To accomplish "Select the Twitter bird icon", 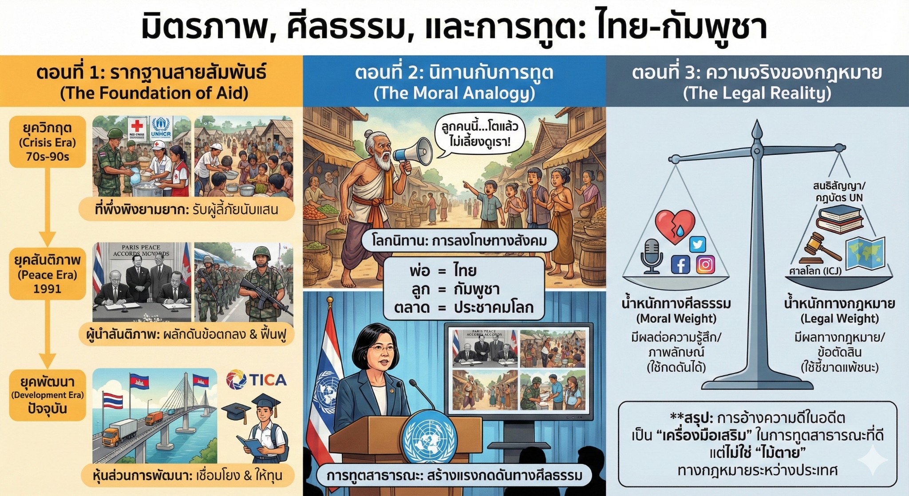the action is pos(697,244).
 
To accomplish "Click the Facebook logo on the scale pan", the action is pos(680,265).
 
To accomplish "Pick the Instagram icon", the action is pos(705,265).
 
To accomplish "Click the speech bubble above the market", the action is pos(478,135).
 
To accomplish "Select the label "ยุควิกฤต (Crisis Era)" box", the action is pos(47,142).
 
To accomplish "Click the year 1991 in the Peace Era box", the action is pos(47,289).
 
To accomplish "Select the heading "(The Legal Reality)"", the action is pos(757,93).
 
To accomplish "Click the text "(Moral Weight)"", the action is pos(676,318).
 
